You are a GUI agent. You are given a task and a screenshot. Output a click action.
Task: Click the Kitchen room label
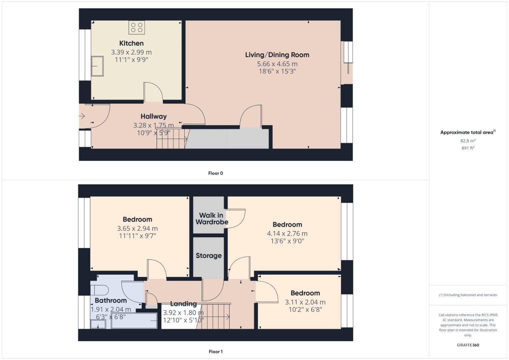pos(131,43)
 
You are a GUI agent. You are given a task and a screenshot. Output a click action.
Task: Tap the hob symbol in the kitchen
pos(137,27)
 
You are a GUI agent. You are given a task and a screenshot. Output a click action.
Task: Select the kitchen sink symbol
pos(97,66)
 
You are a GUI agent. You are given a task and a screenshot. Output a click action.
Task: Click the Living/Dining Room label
pos(277,55)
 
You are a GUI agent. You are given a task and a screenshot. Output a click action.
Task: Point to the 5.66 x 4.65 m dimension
pos(277,64)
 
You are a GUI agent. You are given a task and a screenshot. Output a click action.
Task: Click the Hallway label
pos(153,116)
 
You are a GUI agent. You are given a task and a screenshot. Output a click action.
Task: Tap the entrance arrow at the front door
pos(82,116)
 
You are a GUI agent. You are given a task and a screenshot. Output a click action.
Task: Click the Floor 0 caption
pos(215,173)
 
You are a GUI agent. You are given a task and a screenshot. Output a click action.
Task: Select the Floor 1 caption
pos(215,352)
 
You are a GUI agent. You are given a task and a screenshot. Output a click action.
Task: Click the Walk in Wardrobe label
pos(212,219)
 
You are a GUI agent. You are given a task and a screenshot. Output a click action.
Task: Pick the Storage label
pos(209,256)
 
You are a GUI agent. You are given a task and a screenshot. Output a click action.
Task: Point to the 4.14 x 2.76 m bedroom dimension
pos(287,234)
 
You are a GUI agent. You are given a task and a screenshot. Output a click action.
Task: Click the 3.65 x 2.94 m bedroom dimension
pos(137,229)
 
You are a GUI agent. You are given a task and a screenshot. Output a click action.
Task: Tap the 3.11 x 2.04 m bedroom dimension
pos(305,302)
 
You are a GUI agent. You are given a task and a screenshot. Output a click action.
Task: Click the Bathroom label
pos(111,300)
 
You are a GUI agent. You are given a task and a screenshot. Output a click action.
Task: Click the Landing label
pos(183,304)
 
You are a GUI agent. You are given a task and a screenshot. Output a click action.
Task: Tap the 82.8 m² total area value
pos(468,141)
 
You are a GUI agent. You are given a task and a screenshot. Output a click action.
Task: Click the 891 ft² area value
pos(468,148)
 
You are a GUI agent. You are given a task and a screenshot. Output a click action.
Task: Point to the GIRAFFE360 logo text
pos(468,345)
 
